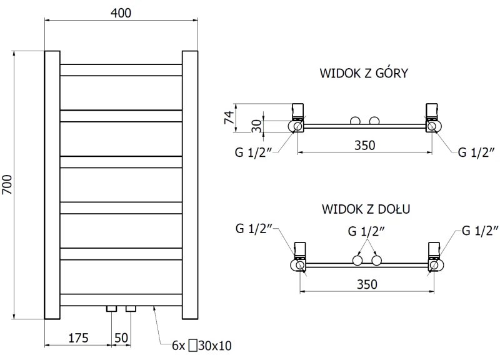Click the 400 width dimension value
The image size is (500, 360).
tap(121, 12)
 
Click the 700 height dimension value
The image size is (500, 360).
tap(7, 184)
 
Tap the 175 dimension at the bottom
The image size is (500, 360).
tap(78, 338)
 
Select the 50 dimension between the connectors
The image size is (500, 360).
tap(121, 338)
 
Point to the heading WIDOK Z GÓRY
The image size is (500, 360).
tap(364, 74)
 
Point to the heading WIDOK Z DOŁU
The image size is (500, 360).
tap(366, 208)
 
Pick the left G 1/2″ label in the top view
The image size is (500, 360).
tap(254, 152)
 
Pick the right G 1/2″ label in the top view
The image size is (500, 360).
tap(477, 152)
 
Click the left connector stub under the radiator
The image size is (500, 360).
tap(112, 309)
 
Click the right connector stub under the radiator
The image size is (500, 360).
tap(130, 309)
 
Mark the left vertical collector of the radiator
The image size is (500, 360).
tap(52, 184)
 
